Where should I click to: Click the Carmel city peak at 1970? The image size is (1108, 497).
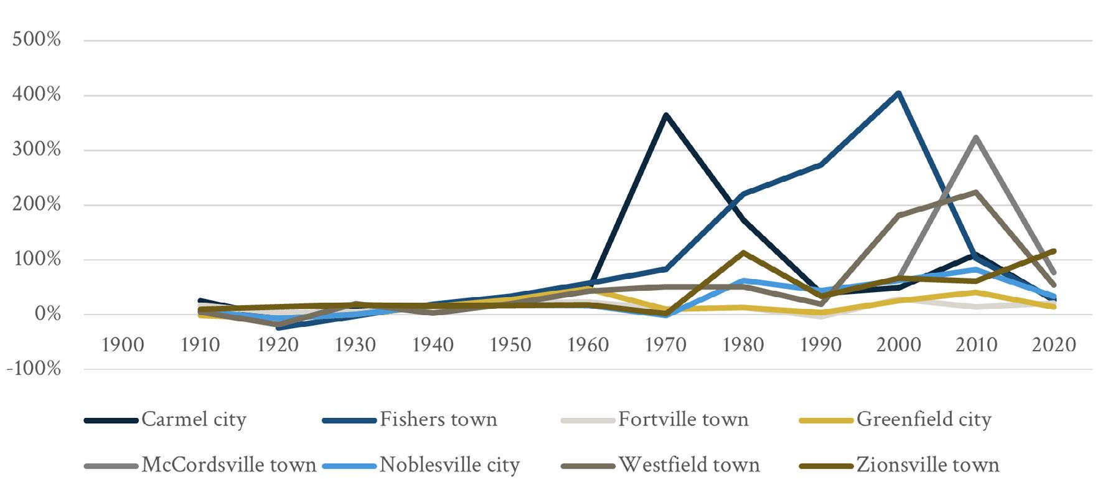[x=665, y=115]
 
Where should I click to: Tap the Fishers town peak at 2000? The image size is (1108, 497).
[x=898, y=94]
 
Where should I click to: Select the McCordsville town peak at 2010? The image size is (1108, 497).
[x=975, y=138]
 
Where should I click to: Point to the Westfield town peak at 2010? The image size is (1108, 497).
[x=975, y=192]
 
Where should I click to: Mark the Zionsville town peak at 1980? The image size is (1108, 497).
[x=743, y=253]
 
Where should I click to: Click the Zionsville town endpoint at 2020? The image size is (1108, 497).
[x=1053, y=251]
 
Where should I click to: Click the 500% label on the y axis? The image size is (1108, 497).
[x=37, y=40]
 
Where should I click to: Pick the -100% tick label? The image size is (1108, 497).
[x=34, y=369]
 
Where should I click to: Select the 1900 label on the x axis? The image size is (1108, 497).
[x=123, y=344]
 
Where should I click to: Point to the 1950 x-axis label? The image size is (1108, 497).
[x=510, y=344]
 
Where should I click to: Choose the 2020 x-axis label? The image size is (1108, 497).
[x=1054, y=344]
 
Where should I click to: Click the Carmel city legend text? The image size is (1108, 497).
[x=194, y=420]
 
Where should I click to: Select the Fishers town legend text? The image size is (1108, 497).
[x=438, y=420]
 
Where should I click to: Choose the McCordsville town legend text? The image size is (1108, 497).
[x=229, y=465]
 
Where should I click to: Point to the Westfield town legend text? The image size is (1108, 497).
[x=688, y=465]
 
